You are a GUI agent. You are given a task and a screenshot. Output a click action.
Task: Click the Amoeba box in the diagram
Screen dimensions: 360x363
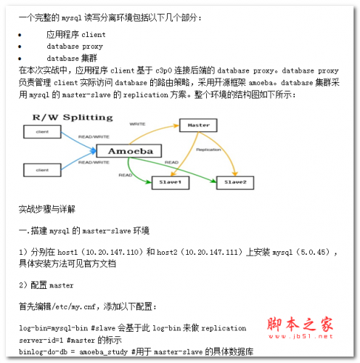click(129, 151)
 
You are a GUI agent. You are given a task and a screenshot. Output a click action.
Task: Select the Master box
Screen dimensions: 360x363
click(198, 125)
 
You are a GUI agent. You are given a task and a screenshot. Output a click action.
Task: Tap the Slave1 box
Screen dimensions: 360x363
click(171, 182)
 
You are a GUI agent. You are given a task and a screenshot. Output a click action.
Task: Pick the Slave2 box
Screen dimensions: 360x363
click(235, 182)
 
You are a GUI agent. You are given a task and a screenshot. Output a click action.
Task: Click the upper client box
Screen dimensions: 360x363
click(42, 131)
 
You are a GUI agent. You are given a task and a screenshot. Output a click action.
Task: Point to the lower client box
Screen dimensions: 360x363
click(42, 170)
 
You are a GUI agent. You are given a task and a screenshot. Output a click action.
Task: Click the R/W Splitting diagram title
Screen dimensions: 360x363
click(73, 118)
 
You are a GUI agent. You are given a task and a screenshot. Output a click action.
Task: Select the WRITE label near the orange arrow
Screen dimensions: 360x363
click(137, 124)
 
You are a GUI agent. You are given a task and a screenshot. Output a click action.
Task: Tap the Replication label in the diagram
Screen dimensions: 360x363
click(208, 150)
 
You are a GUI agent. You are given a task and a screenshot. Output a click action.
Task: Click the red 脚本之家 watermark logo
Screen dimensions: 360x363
click(300, 324)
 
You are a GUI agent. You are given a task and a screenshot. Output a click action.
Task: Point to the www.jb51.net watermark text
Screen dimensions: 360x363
click(300, 336)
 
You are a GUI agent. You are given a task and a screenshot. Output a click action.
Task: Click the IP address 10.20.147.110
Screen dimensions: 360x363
click(112, 252)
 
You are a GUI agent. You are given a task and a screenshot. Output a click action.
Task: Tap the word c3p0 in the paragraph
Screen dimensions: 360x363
click(163, 70)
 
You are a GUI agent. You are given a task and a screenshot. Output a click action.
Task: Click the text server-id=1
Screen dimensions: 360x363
click(41, 340)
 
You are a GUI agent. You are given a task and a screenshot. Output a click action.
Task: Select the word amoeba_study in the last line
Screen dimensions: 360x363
click(104, 352)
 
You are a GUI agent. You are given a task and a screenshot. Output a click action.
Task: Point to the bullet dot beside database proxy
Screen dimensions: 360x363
click(20, 46)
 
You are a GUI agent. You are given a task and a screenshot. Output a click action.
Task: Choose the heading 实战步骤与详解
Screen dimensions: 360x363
click(47, 209)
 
